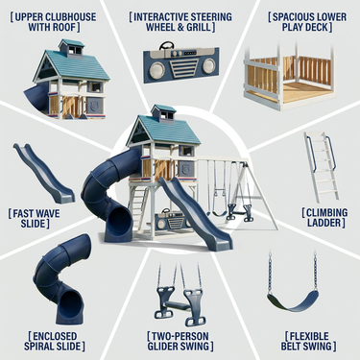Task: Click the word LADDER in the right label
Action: coord(325,223)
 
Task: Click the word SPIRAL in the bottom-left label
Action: coord(39,347)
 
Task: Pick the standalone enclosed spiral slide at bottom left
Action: coord(60,279)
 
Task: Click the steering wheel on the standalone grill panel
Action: coord(167,45)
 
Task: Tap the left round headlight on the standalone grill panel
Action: coord(156,68)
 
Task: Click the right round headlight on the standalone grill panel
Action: coord(208,65)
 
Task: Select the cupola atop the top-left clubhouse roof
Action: coord(72,49)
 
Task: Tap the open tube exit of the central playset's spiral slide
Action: coord(120,222)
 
